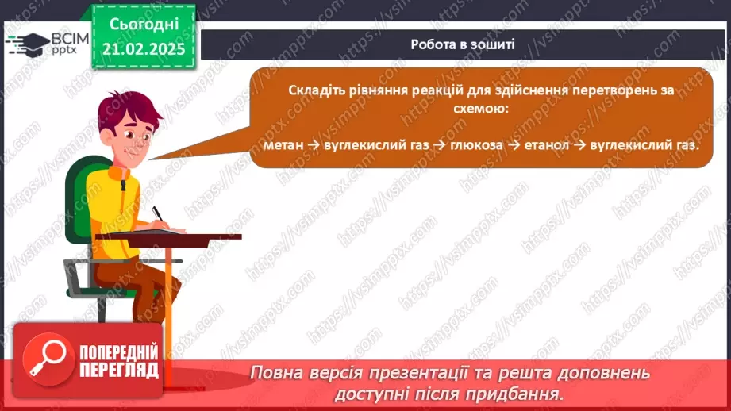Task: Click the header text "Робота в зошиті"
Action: click(463, 44)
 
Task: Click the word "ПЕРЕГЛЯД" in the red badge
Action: click(119, 370)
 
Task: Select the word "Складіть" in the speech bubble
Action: click(315, 90)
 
